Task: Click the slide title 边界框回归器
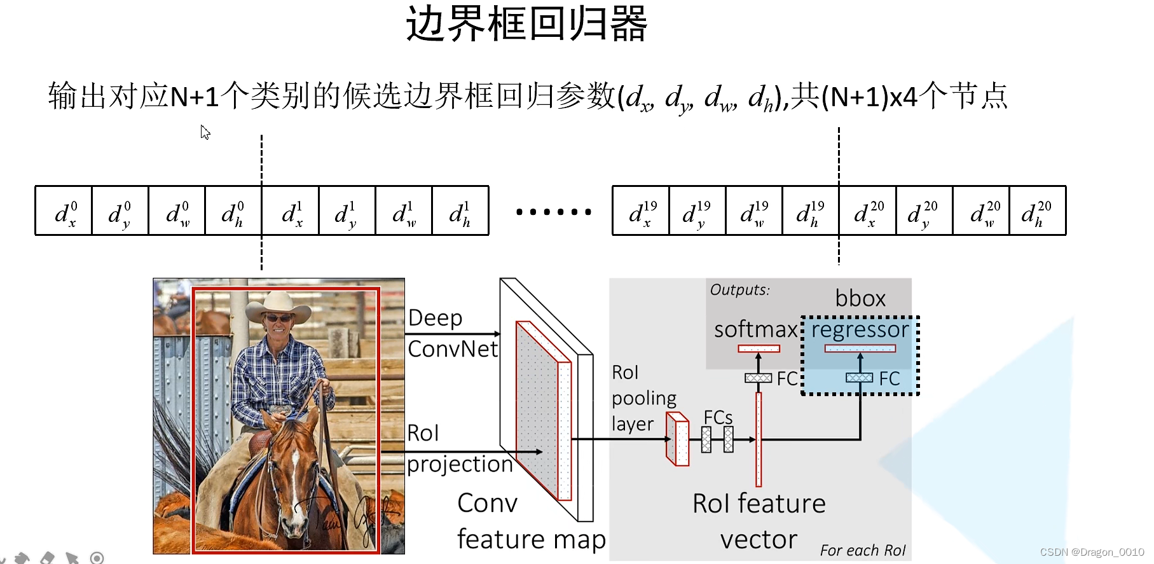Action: tap(526, 24)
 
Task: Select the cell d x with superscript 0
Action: tap(64, 212)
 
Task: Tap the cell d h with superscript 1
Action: tap(460, 212)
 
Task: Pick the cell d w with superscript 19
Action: tap(754, 212)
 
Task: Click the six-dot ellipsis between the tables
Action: tap(553, 212)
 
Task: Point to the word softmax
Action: tap(755, 329)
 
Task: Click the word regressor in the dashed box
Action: tap(860, 329)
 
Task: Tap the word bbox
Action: tap(860, 298)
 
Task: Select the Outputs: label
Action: tap(739, 290)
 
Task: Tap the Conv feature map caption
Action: tap(530, 521)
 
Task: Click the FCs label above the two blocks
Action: tap(718, 418)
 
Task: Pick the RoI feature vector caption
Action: tap(759, 521)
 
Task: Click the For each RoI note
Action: tap(862, 551)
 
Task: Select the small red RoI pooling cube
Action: tap(677, 439)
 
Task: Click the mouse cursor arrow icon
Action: tap(205, 132)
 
